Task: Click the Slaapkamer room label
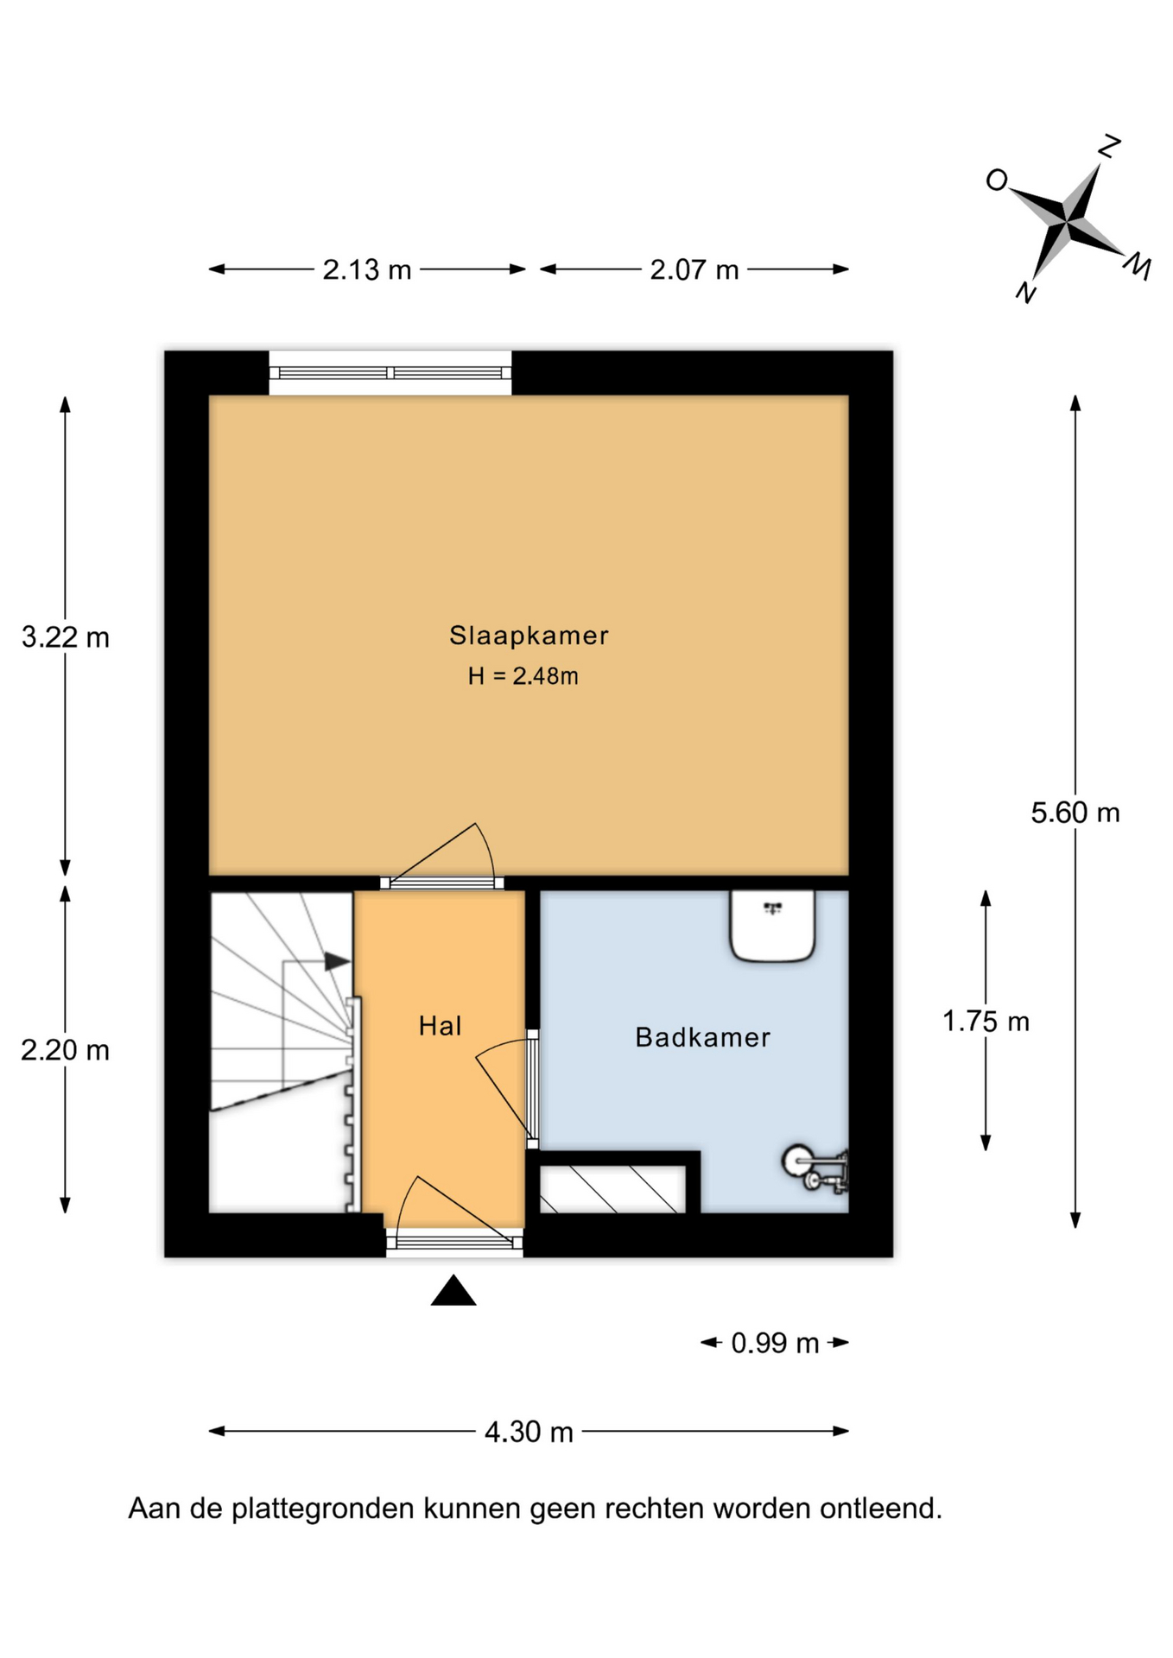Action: [x=529, y=636]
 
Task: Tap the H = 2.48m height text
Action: [x=523, y=676]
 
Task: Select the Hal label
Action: [x=440, y=1026]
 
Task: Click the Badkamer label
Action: [x=702, y=1037]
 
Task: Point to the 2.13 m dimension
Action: [x=366, y=270]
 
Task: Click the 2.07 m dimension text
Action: [x=694, y=270]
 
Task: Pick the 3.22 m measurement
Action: [x=66, y=637]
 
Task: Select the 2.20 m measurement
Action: [x=66, y=1050]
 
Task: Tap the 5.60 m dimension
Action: [x=1075, y=813]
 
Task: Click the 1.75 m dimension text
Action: [x=986, y=1022]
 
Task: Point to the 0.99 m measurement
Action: [x=775, y=1343]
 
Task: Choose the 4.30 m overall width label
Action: [x=529, y=1432]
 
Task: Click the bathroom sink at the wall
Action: [x=773, y=925]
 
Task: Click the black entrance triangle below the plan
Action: [x=453, y=1291]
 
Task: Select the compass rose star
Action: [x=1068, y=223]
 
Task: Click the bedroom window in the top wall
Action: [x=390, y=373]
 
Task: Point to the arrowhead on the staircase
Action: [x=338, y=961]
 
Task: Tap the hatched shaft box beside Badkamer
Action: [x=612, y=1189]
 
